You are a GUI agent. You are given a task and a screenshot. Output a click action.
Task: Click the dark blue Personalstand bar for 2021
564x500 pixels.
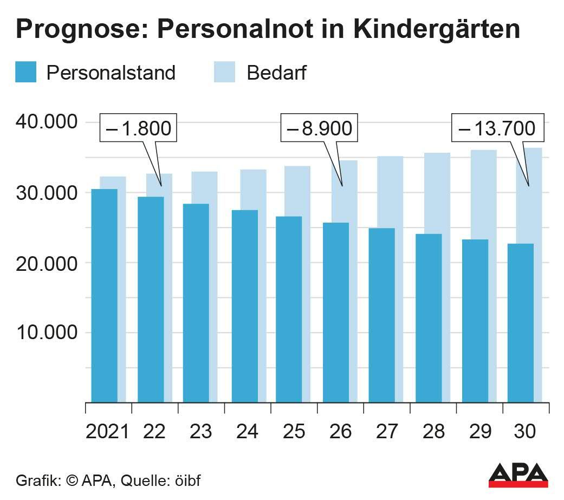point(104,295)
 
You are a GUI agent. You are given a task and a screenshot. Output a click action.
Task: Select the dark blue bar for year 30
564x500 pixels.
point(521,323)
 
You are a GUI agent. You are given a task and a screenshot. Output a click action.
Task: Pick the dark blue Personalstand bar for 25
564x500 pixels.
point(289,309)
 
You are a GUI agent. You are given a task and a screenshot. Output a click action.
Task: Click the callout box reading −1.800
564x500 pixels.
point(138,129)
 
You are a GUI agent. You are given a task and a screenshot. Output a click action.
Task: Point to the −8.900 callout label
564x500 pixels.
point(319,129)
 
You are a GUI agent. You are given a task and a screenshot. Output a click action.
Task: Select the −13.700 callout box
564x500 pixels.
point(497,129)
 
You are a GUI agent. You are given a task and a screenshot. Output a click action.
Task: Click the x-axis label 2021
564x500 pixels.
point(108,431)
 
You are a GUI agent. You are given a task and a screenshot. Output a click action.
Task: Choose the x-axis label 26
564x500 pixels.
point(340,431)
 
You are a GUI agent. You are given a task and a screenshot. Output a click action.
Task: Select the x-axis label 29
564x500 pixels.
point(479,431)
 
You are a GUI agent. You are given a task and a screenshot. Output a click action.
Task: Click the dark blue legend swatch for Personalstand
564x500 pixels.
point(25,72)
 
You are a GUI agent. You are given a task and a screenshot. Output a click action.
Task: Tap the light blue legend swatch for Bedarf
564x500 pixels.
point(224,72)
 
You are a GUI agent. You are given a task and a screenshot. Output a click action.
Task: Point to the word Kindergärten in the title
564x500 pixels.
point(437,30)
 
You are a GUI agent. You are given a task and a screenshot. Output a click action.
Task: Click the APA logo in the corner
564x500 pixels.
point(518,475)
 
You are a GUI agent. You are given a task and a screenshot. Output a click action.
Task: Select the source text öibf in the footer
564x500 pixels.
point(187,480)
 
